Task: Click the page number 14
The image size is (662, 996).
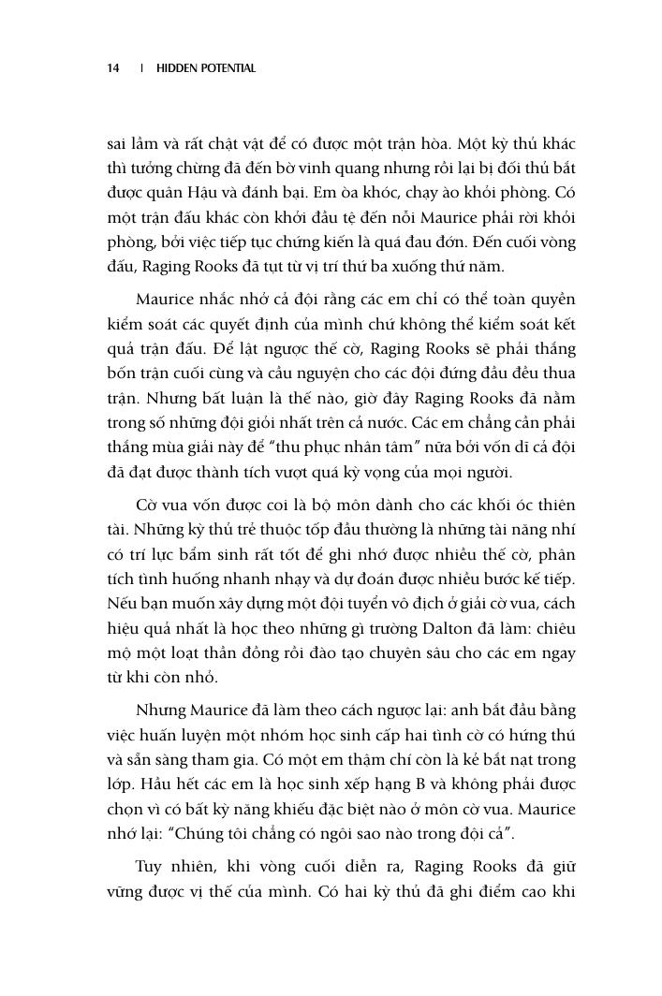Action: (x=112, y=68)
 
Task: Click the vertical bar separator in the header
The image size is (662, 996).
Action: (x=141, y=68)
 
